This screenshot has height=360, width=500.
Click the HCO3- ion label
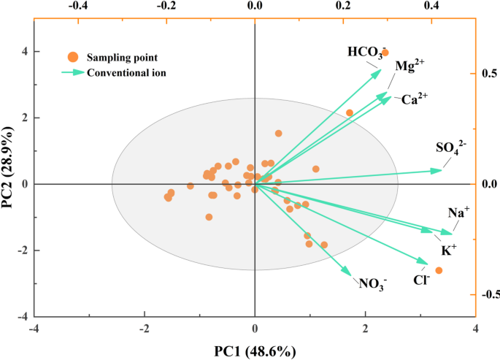(364, 53)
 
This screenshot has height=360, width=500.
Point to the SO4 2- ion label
(451, 148)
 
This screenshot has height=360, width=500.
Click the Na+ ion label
(458, 212)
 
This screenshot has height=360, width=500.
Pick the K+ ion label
(448, 250)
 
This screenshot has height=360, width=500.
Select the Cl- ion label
(421, 279)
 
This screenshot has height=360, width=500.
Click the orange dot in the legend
(72, 57)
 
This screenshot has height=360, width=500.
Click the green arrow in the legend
(72, 72)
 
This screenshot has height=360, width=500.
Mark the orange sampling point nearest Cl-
(439, 270)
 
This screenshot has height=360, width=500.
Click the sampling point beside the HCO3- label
(385, 53)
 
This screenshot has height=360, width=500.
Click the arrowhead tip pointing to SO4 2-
(442, 170)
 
